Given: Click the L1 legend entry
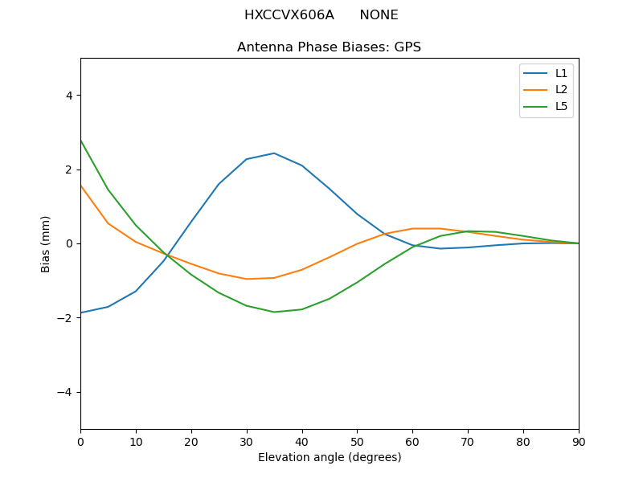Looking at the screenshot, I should point(561,73).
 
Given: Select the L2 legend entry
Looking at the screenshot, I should point(561,89).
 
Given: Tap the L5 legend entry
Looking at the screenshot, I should point(561,106).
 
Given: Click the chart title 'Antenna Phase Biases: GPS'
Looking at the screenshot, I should point(329,47).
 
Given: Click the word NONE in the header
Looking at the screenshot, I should point(379,15).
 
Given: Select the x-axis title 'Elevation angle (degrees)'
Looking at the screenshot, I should point(329,458).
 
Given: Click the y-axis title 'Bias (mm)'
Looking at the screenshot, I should point(46,243).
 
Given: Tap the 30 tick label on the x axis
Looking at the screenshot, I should point(247,441).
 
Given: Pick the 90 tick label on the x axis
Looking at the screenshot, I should point(579,441).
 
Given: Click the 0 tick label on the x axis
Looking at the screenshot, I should point(80,441).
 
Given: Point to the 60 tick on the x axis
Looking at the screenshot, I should point(412,441).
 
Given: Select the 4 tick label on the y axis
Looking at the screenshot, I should point(68,95).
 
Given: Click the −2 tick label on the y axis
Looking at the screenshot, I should point(65,318).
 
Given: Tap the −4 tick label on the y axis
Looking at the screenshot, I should point(65,392).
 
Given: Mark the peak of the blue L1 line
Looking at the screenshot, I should point(274,153).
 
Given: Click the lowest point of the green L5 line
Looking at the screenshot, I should point(274,312).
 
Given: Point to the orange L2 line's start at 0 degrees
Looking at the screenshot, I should point(81,185).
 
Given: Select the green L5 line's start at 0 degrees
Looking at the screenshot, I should point(81,141).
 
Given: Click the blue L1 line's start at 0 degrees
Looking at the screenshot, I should point(81,312).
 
